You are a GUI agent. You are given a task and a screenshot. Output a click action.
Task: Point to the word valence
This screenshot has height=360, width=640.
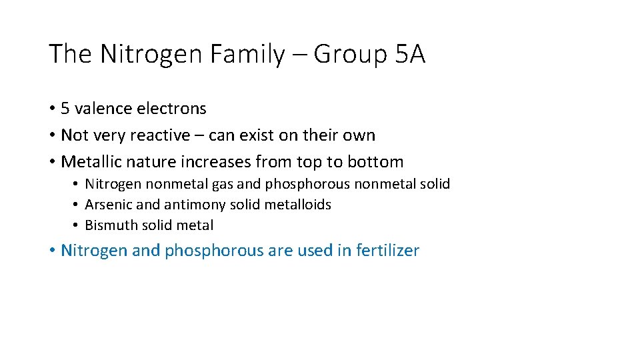coord(102,109)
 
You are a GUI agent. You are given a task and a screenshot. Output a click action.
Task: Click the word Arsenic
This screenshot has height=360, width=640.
coord(109,205)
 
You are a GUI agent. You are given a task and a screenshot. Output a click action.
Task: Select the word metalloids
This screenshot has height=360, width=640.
coord(298,205)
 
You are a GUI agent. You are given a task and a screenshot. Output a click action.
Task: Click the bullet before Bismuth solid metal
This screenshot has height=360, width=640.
coord(77,225)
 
